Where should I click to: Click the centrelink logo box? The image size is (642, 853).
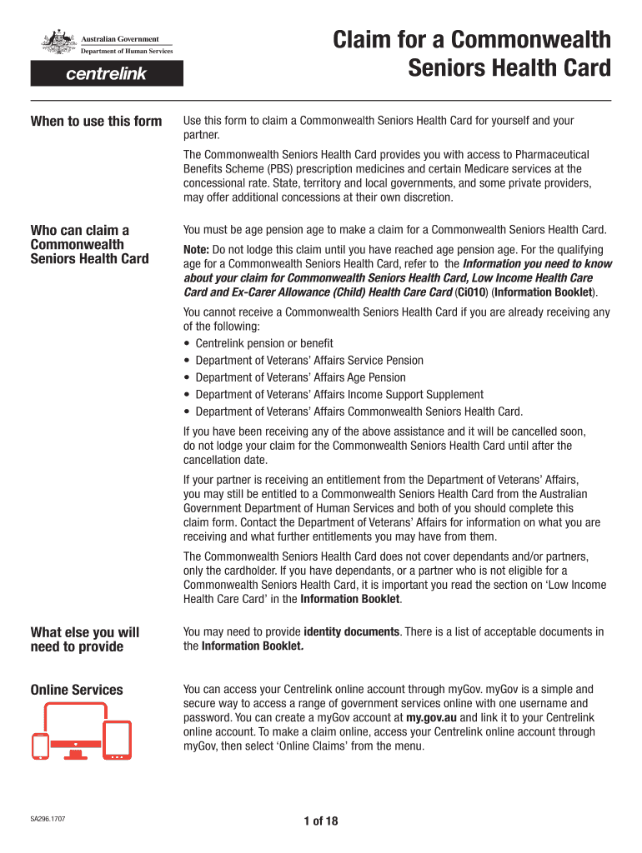(107, 74)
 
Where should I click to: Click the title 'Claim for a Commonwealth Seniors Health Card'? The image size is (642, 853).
(472, 53)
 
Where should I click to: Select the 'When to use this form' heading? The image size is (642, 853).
(96, 122)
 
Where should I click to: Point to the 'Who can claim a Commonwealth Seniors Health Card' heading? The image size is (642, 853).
(89, 244)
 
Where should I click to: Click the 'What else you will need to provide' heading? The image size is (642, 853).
(84, 640)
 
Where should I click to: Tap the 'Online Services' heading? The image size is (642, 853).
(76, 690)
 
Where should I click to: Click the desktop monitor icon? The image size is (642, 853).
(76, 728)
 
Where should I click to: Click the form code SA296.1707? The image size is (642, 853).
(48, 820)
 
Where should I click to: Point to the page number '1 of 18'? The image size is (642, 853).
(321, 821)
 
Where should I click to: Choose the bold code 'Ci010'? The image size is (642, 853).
(474, 292)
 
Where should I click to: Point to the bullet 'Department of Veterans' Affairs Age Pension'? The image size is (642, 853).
(300, 377)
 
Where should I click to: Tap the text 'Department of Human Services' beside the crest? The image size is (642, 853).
(127, 52)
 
